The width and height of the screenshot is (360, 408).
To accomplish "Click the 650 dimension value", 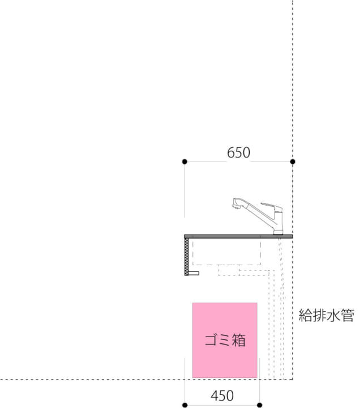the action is pos(239,153).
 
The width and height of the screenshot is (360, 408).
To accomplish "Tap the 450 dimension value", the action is pos(222,396).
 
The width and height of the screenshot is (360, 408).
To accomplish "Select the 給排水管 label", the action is pos(326,316).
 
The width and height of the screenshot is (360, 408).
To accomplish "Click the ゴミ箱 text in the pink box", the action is pos(225,340).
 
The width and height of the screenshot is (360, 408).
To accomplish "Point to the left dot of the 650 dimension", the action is pos(185,161).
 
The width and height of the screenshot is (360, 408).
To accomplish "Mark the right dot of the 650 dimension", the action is pos(293,161).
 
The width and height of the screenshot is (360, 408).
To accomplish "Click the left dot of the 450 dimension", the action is pos(185,405).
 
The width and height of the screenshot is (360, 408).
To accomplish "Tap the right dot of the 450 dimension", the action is pos(259,405).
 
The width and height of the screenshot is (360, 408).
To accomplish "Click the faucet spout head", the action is pos(237,203).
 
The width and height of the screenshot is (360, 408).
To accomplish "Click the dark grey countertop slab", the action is pos(238,236).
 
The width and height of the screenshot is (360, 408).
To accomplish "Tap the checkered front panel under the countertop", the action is pos(186,257).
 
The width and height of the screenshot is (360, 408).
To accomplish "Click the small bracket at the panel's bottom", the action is pos(194,273).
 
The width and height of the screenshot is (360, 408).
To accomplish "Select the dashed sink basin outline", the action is pos(226,252).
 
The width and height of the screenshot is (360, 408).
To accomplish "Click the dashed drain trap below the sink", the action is pos(229,270).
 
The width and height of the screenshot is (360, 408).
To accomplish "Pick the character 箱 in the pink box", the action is pos(239,340).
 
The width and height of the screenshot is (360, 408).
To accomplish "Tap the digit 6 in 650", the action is pos(231,153).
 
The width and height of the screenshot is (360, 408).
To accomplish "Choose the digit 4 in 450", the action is pos(215,396).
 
